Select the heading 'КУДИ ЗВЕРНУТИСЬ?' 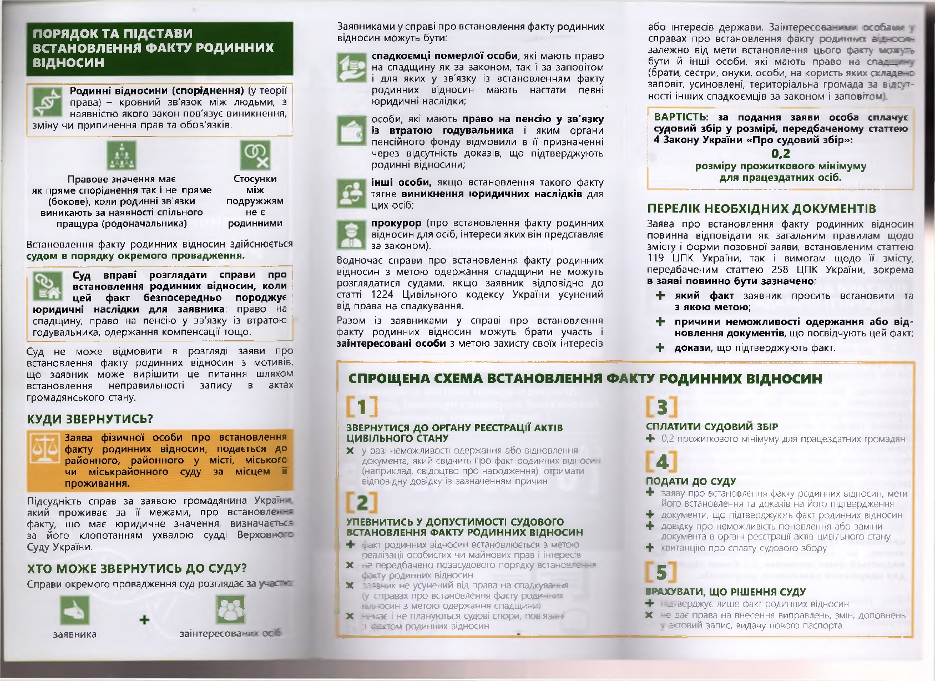pyautogui.click(x=90, y=418)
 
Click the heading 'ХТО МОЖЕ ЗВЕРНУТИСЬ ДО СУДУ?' pyautogui.click(x=137, y=568)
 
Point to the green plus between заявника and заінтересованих pyautogui.click(x=144, y=619)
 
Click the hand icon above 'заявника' pyautogui.click(x=74, y=611)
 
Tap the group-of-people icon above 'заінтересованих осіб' pyautogui.click(x=230, y=609)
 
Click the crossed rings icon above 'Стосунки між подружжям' pyautogui.click(x=255, y=154)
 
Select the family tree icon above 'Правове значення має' pyautogui.click(x=121, y=155)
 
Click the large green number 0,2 pyautogui.click(x=781, y=154)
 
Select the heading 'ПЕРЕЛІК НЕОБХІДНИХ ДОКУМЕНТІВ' pyautogui.click(x=761, y=209)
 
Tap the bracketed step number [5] pyautogui.click(x=661, y=572)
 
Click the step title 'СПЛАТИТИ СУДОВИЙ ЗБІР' pyautogui.click(x=711, y=426)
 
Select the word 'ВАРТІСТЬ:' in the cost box pyautogui.click(x=681, y=117)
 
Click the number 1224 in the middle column pyautogui.click(x=383, y=294)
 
